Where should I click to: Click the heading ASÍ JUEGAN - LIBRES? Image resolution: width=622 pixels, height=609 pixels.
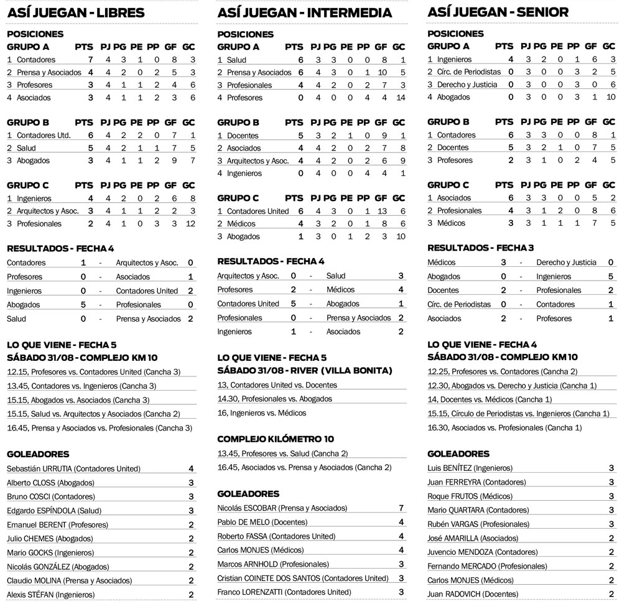pyautogui.click(x=76, y=12)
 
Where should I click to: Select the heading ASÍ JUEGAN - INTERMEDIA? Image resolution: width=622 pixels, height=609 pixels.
pyautogui.click(x=305, y=12)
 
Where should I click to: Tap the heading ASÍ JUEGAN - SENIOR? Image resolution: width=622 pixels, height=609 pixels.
pyautogui.click(x=498, y=12)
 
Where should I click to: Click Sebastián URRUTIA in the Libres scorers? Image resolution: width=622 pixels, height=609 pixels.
pyautogui.click(x=73, y=468)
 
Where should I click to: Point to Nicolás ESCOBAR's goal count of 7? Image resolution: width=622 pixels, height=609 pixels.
pyautogui.click(x=401, y=508)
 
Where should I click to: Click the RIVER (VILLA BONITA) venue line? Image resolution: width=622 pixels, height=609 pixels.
pyautogui.click(x=305, y=371)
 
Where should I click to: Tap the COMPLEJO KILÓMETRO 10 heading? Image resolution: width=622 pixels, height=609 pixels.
pyautogui.click(x=276, y=439)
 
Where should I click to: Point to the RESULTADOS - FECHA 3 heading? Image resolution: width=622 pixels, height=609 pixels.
pyautogui.click(x=481, y=248)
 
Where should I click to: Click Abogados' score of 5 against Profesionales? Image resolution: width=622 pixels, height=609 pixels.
pyautogui.click(x=83, y=305)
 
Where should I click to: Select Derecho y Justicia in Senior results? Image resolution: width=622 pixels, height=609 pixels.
pyautogui.click(x=565, y=262)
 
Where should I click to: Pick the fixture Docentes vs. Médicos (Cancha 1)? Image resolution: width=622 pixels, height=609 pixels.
pyautogui.click(x=490, y=399)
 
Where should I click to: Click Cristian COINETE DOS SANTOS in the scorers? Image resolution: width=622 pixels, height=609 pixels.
pyautogui.click(x=302, y=578)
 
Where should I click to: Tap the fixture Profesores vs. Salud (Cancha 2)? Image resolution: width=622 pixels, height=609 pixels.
pyautogui.click(x=282, y=453)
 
